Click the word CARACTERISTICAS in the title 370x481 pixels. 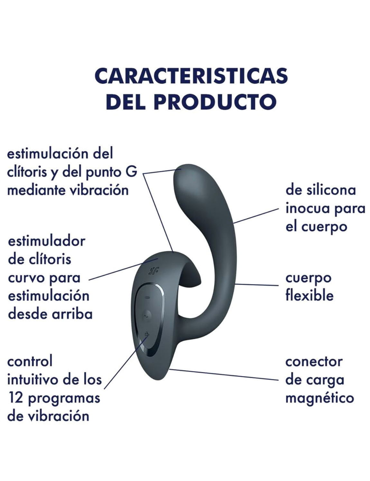191,76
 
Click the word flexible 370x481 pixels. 310,295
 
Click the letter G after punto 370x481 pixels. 133,172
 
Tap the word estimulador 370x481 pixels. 46,242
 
